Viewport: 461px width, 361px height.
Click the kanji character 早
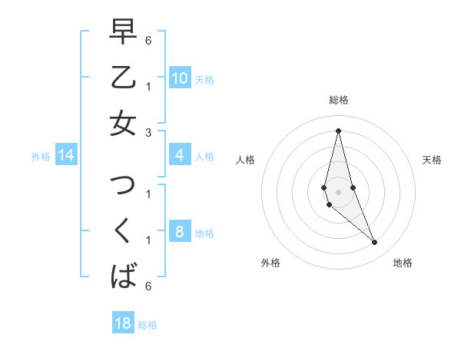pos(123,32)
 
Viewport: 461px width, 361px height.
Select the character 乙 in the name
pos(123,77)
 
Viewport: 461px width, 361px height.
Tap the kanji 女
pos(123,123)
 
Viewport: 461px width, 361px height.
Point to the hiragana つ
pos(123,184)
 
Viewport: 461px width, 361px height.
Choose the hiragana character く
pos(123,230)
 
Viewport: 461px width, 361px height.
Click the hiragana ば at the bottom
pos(123,275)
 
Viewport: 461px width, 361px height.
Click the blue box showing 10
pos(179,78)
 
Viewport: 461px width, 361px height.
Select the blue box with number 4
pos(179,156)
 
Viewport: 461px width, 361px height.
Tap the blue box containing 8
pos(179,232)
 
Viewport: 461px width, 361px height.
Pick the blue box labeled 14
pos(66,156)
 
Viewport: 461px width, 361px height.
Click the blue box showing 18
pos(123,323)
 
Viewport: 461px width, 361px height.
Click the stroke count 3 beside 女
pos(148,131)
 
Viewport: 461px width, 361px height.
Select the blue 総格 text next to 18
pos(148,325)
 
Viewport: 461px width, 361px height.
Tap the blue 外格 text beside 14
pos(41,157)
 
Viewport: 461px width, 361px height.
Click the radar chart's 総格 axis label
pos(338,100)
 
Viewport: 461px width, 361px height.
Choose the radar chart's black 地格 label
pos(403,263)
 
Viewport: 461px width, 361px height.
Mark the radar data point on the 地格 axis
pos(375,243)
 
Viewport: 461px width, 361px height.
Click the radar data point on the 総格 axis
pos(338,130)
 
